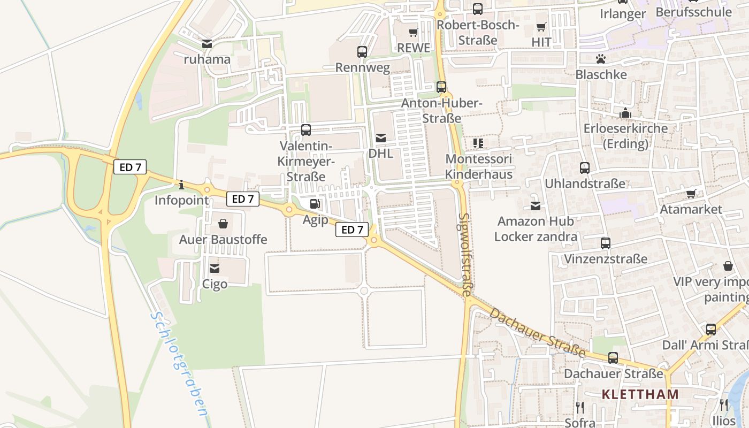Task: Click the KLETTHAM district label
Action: click(640, 394)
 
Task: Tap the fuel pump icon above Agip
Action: click(315, 204)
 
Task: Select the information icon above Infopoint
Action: click(181, 185)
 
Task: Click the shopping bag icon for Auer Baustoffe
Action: click(223, 224)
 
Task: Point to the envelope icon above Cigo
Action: click(215, 268)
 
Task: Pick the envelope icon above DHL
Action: click(381, 138)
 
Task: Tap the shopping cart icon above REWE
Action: click(413, 33)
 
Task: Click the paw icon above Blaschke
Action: click(601, 59)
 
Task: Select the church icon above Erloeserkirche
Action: click(625, 113)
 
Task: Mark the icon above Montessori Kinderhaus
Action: click(478, 143)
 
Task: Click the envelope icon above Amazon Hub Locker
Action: click(536, 205)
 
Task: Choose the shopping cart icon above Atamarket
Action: click(691, 194)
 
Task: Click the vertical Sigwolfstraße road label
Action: click(465, 254)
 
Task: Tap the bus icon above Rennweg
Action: click(362, 52)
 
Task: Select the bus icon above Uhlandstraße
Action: click(585, 168)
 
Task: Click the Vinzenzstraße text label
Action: click(606, 259)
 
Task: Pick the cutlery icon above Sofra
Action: click(579, 407)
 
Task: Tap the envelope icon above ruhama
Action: click(207, 43)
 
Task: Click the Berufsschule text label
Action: click(693, 12)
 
